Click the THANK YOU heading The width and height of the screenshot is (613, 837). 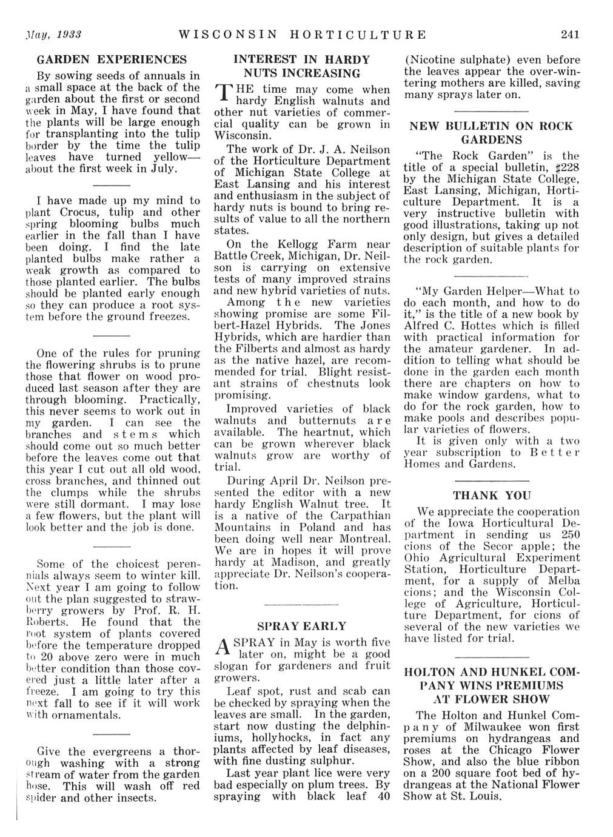492,495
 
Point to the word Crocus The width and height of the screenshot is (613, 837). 81,212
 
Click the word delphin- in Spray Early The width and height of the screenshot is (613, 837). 363,726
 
